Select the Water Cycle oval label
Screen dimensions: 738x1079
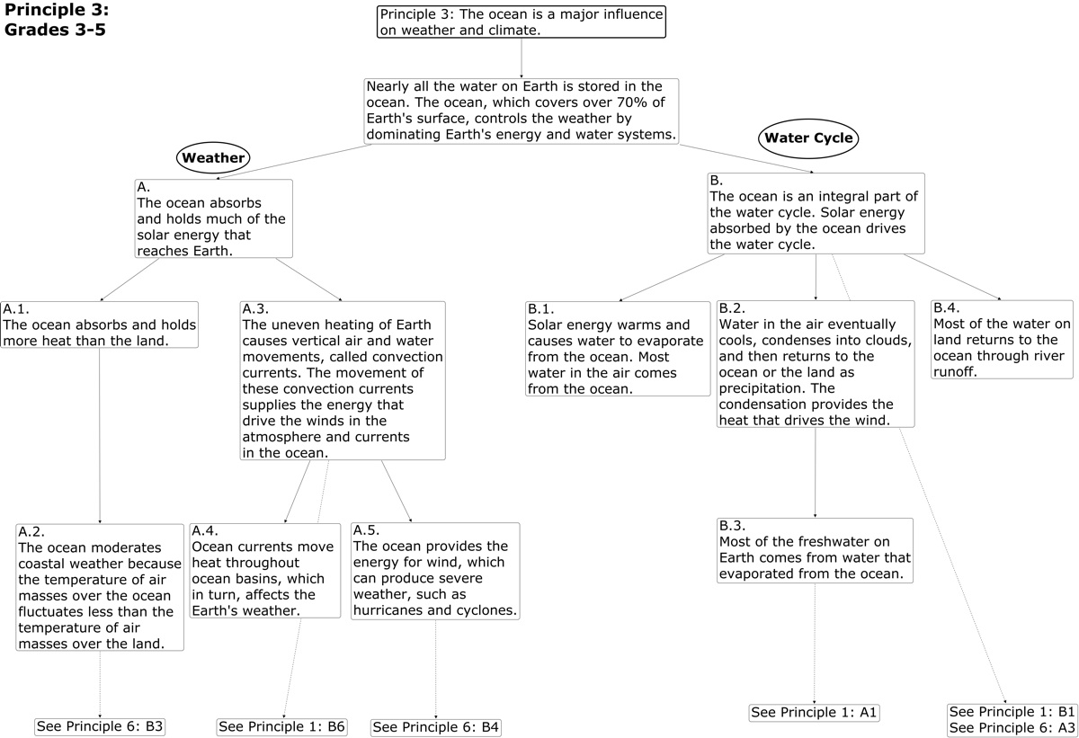(x=808, y=139)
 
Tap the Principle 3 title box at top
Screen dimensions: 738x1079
(x=521, y=22)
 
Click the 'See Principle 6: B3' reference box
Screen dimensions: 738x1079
(x=100, y=726)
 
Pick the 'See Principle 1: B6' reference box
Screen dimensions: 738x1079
(x=282, y=726)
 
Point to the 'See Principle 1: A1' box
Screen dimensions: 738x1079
(x=814, y=713)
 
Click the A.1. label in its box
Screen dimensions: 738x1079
(x=17, y=308)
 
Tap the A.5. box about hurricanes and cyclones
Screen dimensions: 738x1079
(x=435, y=570)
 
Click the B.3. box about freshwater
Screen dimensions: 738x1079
(x=815, y=550)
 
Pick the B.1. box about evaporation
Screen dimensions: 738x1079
(x=618, y=349)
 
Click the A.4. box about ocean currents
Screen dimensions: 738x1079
(x=268, y=570)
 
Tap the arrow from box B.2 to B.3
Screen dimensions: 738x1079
(x=815, y=471)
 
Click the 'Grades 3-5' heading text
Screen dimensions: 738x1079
(x=55, y=29)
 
